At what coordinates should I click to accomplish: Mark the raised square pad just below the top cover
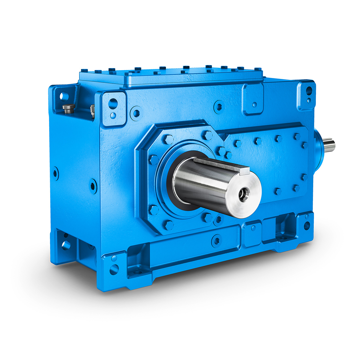click(x=253, y=99)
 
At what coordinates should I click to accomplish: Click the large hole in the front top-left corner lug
click(x=112, y=103)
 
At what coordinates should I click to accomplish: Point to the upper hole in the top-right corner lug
click(x=309, y=89)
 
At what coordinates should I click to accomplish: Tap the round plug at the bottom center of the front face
click(x=216, y=240)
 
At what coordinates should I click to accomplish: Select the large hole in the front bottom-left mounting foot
click(x=114, y=269)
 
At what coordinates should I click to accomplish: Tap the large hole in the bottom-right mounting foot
click(x=307, y=226)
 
